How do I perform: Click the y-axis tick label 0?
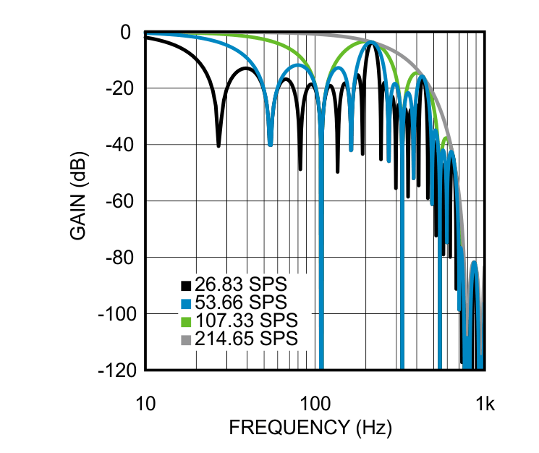pos(125,33)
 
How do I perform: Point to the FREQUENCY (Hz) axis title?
pos(311,428)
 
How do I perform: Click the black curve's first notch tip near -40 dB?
pos(218,145)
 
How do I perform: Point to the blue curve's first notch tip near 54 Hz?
pos(270,144)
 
